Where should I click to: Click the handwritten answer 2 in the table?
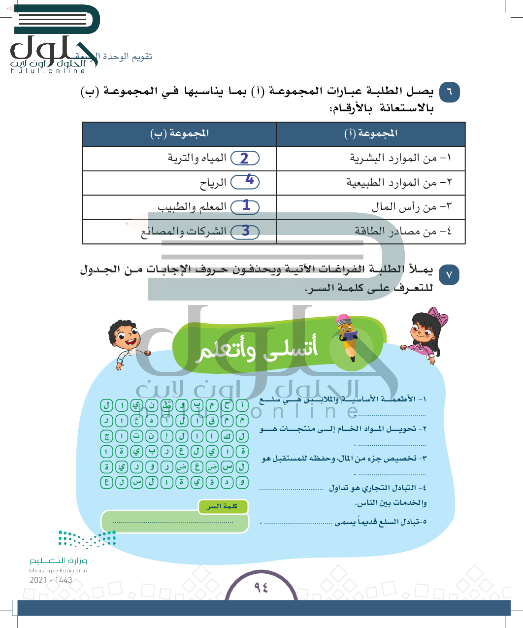coord(244,158)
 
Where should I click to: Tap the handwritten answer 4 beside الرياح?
coord(249,180)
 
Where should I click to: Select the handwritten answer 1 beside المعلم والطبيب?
coord(246,205)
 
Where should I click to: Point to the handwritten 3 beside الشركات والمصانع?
coord(246,231)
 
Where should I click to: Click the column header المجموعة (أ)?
coord(371,133)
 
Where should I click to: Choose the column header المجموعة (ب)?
coord(179,133)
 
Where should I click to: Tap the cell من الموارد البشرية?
coord(393,158)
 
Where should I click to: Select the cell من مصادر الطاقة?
coord(395,231)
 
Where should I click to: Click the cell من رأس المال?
coord(404,207)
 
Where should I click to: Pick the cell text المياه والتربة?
coord(197,158)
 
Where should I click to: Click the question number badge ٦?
coord(449,92)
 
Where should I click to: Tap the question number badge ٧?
coord(449,274)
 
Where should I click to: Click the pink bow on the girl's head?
coord(437,316)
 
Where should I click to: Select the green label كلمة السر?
coord(223,506)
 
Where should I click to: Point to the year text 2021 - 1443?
coord(51,580)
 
